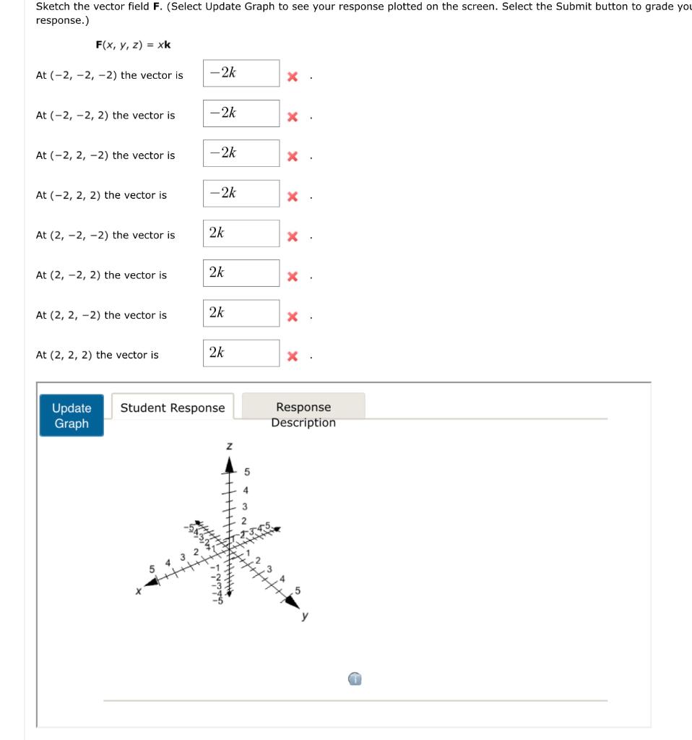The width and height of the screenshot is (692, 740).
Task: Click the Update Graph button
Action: point(72,416)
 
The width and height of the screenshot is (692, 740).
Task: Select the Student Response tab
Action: point(173,408)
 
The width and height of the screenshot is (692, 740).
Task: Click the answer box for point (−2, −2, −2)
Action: point(241,73)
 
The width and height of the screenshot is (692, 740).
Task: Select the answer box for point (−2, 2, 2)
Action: point(241,193)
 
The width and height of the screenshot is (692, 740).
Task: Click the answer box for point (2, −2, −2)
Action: point(241,233)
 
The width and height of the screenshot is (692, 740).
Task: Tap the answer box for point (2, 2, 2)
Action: point(241,353)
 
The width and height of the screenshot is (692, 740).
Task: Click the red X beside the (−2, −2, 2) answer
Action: point(293,116)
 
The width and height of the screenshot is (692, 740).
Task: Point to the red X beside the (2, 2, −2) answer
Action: point(293,317)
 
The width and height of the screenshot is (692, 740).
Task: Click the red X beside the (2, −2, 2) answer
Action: point(293,276)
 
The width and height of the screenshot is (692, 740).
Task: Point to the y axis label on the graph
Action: point(305,616)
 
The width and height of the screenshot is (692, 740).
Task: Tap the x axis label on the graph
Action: point(138,590)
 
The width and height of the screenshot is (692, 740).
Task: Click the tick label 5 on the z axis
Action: point(246,473)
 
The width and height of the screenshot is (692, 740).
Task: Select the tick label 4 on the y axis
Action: point(283,578)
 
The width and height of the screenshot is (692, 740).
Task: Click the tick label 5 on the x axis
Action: point(152,569)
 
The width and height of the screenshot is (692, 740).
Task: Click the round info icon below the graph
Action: point(354,679)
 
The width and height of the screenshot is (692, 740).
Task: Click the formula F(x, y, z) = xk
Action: point(133,45)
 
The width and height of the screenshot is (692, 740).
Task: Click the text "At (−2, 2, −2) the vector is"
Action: point(105,155)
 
